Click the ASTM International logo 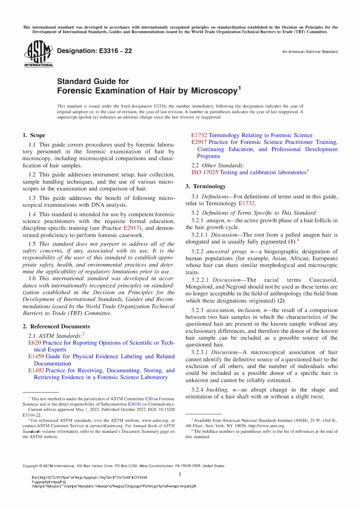38,54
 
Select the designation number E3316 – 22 115,51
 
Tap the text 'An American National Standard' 310,52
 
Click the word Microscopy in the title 214,91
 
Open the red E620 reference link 35,343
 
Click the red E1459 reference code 36,356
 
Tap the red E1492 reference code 36,370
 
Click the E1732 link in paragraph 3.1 246,203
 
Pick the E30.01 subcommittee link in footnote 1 135,404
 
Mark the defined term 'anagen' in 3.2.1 215,220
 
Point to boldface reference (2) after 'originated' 281,301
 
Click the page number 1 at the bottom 180,474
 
